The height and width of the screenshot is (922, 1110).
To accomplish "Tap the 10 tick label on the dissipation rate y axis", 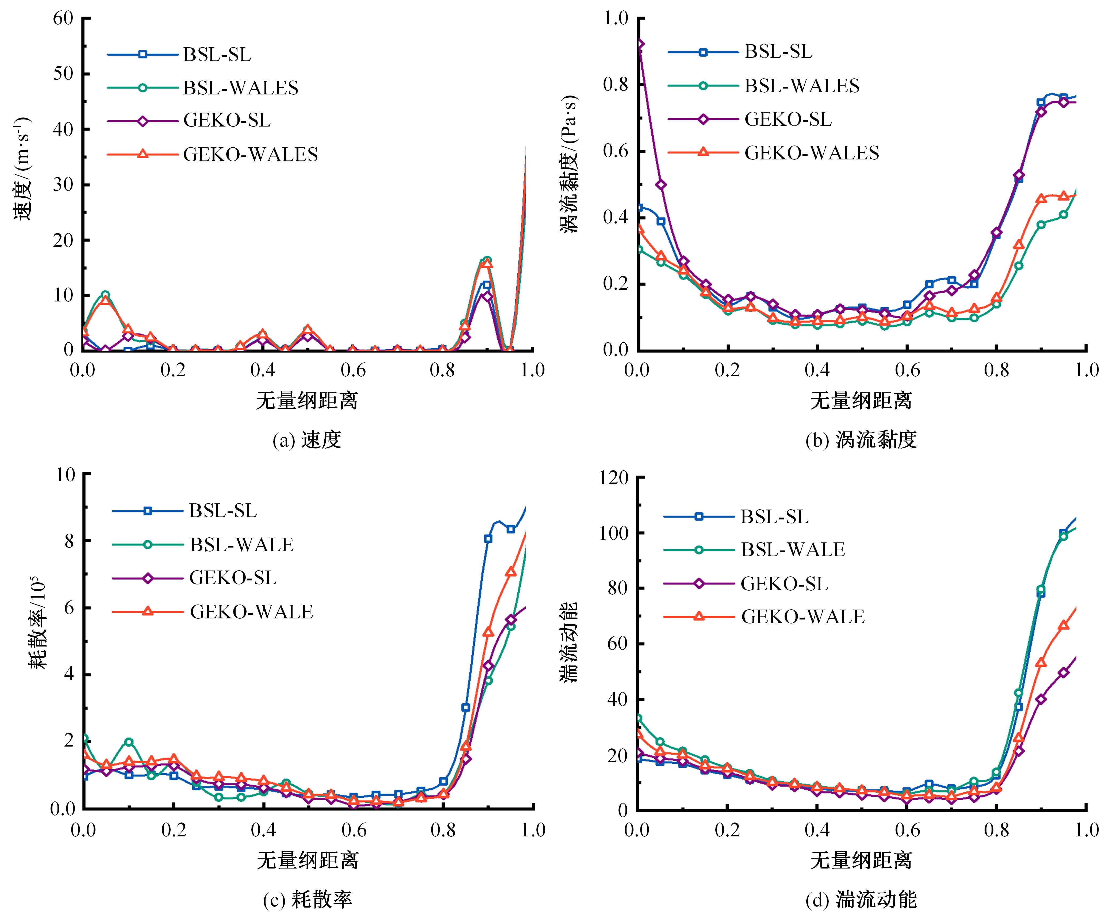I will [66, 474].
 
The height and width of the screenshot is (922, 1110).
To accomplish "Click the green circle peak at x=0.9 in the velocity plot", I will [487, 260].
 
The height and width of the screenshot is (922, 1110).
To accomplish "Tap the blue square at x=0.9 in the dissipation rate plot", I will [488, 538].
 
